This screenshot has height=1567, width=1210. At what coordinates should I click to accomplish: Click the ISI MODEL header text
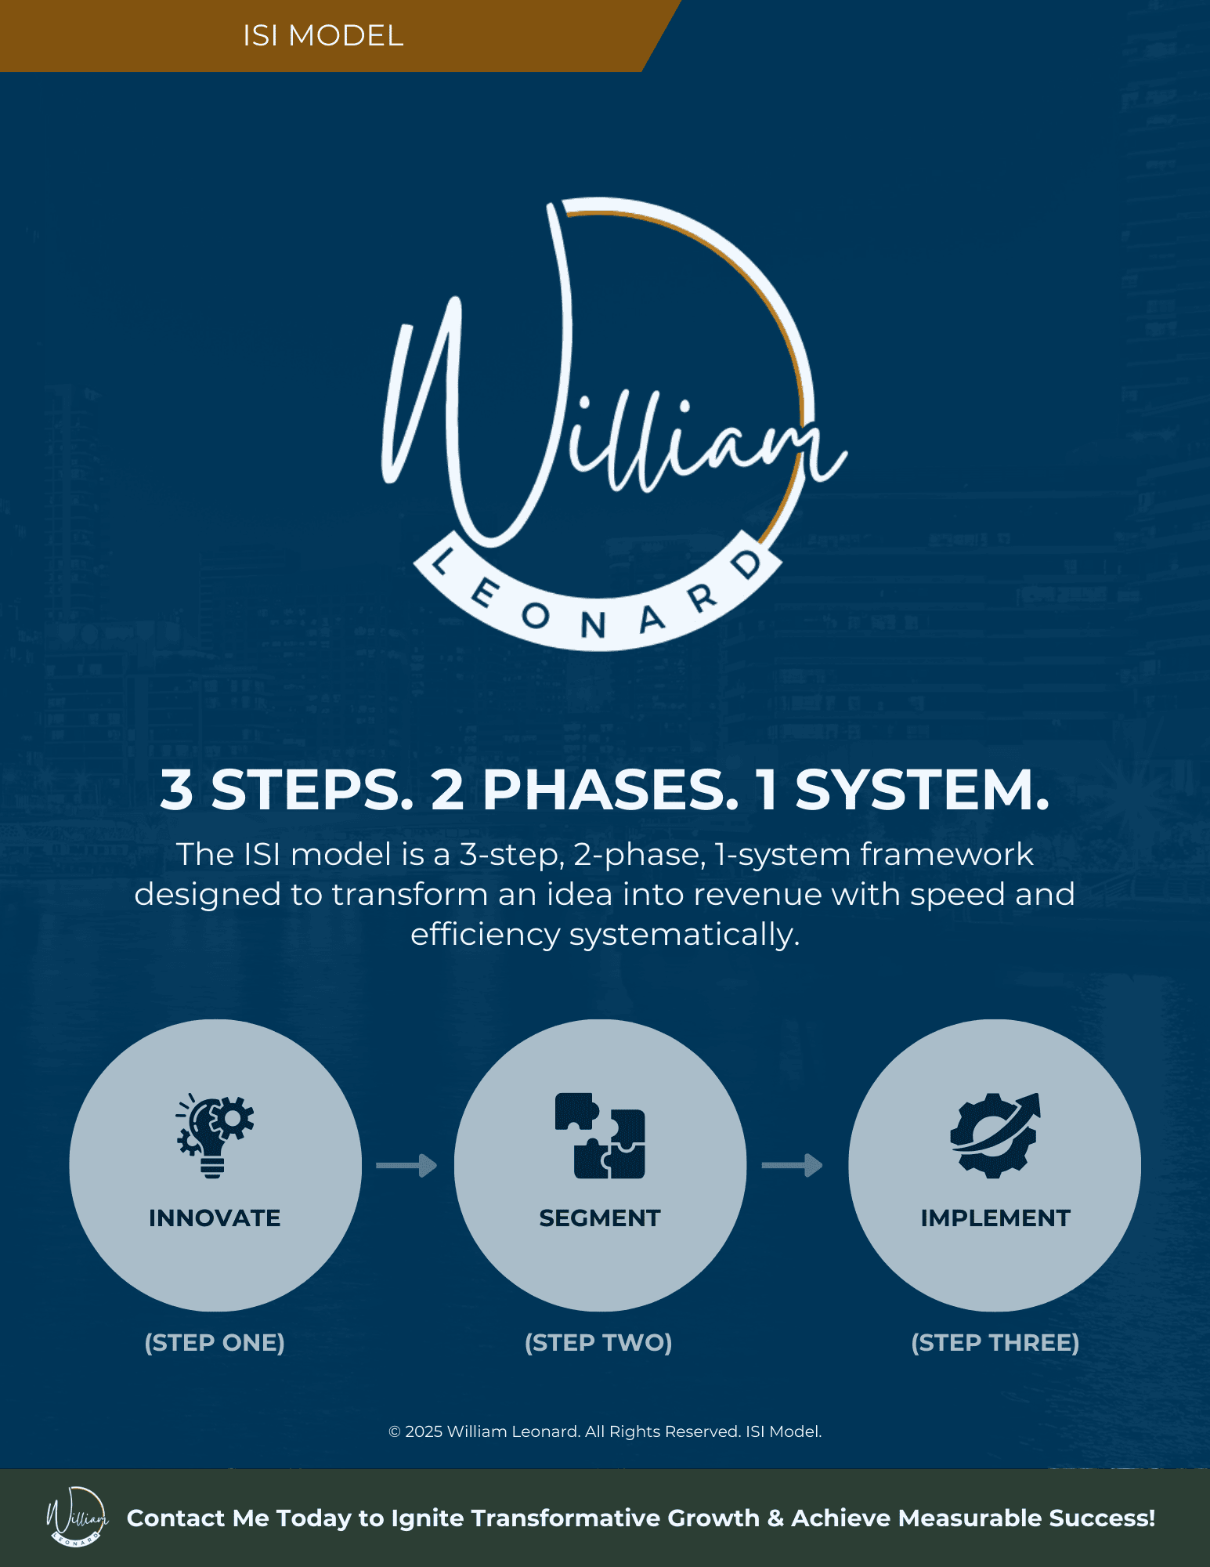[x=323, y=36]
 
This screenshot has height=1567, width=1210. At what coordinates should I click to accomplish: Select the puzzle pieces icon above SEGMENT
[x=600, y=1135]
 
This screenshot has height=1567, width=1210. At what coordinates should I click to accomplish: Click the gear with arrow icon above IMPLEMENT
[x=995, y=1135]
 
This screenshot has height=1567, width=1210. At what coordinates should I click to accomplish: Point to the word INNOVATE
[x=215, y=1218]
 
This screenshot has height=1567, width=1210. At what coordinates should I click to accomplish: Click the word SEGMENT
[x=600, y=1218]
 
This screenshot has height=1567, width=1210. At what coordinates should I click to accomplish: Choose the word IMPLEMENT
[x=995, y=1218]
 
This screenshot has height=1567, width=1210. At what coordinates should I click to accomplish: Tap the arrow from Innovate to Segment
[x=406, y=1166]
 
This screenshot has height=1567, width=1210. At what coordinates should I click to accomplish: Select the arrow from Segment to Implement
[x=792, y=1166]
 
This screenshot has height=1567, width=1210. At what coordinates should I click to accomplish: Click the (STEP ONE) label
[x=215, y=1343]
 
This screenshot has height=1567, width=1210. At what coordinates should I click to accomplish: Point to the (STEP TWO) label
[x=598, y=1343]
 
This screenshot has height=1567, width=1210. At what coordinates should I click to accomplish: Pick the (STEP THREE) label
[x=995, y=1343]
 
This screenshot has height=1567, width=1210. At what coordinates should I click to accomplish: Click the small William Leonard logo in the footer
[x=77, y=1517]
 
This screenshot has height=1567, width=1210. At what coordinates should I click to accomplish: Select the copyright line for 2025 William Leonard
[x=605, y=1431]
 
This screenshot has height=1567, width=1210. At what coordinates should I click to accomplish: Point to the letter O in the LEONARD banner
[x=536, y=617]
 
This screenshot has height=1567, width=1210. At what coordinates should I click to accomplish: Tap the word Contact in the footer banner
[x=176, y=1518]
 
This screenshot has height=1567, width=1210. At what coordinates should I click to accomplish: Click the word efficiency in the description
[x=486, y=935]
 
